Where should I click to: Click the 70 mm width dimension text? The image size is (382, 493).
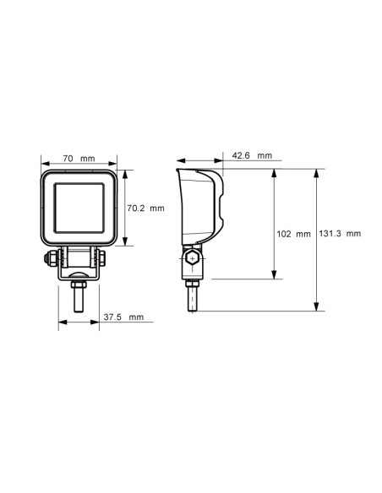tap(77, 159)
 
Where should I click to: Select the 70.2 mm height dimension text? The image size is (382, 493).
tap(145, 208)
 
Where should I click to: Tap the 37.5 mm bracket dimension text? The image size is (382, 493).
tap(123, 317)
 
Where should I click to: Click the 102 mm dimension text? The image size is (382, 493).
tap(294, 234)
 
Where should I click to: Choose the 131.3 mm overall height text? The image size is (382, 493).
tap(342, 234)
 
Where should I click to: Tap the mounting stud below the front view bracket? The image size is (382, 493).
tap(77, 296)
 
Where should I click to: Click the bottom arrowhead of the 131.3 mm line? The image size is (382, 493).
tap(316, 309)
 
